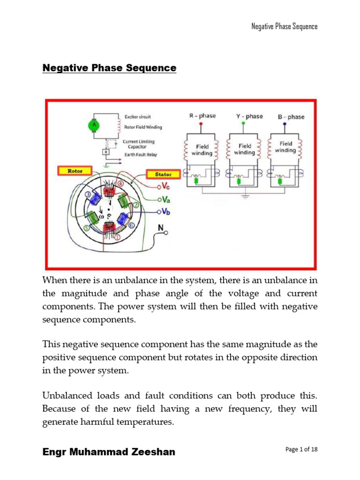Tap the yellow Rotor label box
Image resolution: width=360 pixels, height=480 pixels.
click(75, 171)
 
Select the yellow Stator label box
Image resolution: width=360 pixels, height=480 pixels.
click(163, 174)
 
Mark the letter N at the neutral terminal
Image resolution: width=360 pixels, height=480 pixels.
click(161, 228)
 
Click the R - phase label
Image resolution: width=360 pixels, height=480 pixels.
click(203, 115)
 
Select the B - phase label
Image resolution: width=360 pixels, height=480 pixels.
click(291, 116)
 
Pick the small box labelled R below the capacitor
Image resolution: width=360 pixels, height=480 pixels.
click(106, 152)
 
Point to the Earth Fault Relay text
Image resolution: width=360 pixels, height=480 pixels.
click(141, 155)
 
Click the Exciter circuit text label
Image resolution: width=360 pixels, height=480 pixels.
click(137, 116)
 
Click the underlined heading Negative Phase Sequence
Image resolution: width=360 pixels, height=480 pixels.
click(109, 68)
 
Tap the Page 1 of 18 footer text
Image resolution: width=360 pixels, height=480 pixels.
click(301, 450)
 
